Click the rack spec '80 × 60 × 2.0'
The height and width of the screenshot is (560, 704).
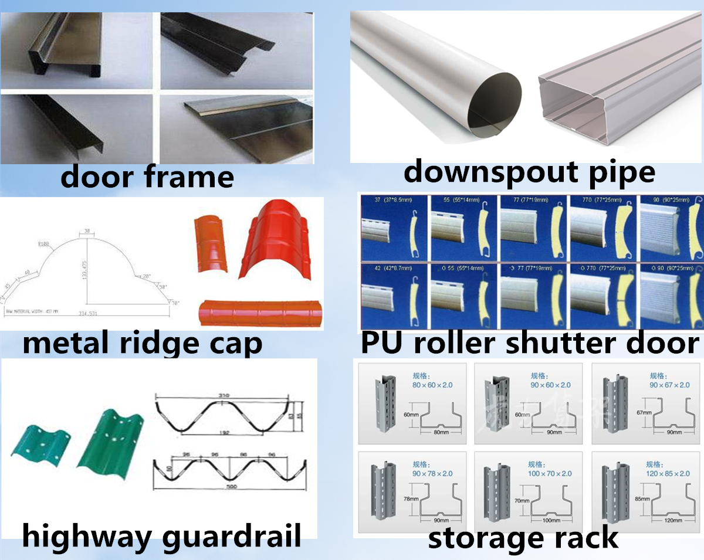[429, 385]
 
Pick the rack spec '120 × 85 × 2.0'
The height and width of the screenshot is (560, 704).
[668, 473]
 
